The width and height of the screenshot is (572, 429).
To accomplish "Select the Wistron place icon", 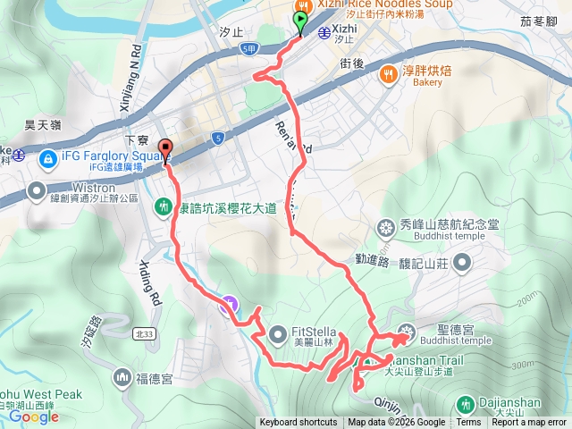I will point(37,189).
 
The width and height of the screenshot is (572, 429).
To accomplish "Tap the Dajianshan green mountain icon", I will point(464,403).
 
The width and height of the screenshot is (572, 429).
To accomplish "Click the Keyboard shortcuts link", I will point(299,423).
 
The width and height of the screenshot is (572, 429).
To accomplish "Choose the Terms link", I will point(468,423).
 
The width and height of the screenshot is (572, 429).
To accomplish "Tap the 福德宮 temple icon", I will point(122,378).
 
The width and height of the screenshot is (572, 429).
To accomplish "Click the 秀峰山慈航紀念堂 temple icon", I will point(386,227).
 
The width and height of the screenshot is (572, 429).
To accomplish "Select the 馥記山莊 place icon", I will point(462,262).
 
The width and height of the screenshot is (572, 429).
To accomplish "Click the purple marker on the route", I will point(230,306).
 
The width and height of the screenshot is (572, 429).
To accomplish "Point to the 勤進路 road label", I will point(374,261).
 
